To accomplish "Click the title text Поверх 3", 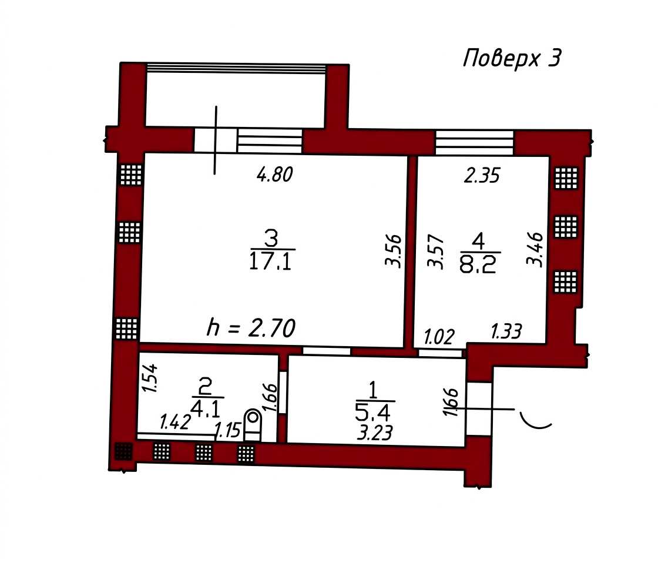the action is tap(512, 58).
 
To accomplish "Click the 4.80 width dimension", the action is tap(274, 174).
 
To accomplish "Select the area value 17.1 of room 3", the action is tap(270, 262).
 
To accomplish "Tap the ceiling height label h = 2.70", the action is tap(251, 328).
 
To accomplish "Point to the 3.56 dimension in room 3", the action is tap(394, 250).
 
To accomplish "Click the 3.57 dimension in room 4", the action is tap(435, 252).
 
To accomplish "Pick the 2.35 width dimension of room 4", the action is tap(482, 176).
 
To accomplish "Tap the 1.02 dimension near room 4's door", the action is tap(439, 337).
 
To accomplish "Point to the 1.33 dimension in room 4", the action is tap(506, 331).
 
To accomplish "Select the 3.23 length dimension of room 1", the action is tap(375, 433).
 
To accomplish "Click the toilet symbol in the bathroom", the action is tap(253, 425).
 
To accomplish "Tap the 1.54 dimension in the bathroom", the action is tap(149, 378).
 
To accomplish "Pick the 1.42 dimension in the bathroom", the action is tap(176, 422).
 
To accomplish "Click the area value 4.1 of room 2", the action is tap(205, 408).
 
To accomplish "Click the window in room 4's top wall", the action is tap(474, 143).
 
